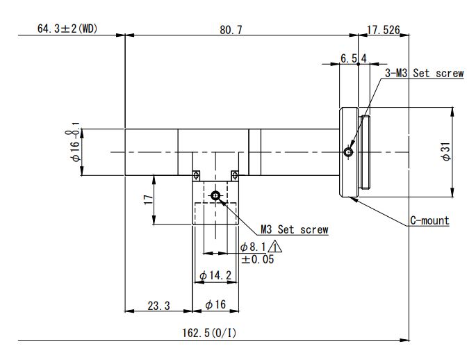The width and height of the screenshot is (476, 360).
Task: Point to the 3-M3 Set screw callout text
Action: pyautogui.click(x=424, y=73)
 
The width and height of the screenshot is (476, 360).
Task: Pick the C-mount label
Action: pyautogui.click(x=429, y=221)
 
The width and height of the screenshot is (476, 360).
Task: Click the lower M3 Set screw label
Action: pyautogui.click(x=294, y=229)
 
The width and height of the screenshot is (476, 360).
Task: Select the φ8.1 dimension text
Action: pyautogui.click(x=253, y=247)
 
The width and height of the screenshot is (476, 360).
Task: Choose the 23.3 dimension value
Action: pyautogui.click(x=158, y=305)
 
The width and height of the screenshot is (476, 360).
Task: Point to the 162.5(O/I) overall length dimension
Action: pyautogui.click(x=209, y=333)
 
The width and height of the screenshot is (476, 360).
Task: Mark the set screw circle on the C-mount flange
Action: pyautogui.click(x=348, y=152)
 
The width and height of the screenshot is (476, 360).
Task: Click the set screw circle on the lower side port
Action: pyautogui.click(x=216, y=196)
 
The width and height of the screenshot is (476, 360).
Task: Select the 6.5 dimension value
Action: pyautogui.click(x=348, y=59)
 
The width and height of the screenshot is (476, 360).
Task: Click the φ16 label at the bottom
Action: pyautogui.click(x=216, y=305)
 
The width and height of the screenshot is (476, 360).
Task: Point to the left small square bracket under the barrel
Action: pyautogui.click(x=197, y=174)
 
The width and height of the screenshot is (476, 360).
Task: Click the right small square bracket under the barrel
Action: pyautogui.click(x=235, y=174)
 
